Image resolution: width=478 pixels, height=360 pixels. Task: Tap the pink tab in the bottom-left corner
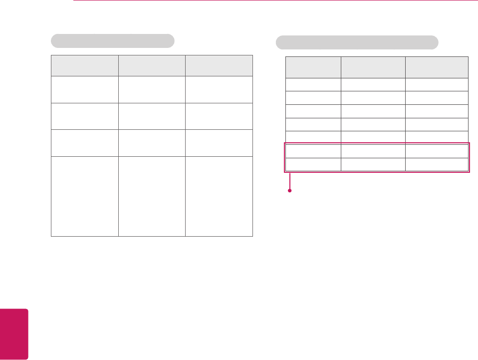click(x=14, y=334)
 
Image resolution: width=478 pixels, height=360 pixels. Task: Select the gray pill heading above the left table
click(x=112, y=40)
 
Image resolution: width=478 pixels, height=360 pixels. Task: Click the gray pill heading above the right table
click(x=357, y=42)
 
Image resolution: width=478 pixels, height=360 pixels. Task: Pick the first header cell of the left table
click(x=84, y=65)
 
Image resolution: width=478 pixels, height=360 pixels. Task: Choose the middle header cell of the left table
click(x=152, y=65)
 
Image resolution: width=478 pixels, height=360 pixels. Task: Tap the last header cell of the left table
click(x=219, y=65)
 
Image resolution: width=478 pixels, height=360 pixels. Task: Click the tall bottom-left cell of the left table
click(x=84, y=196)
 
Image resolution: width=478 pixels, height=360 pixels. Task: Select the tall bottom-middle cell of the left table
click(x=152, y=196)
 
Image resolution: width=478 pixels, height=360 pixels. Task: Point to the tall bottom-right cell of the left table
click(x=219, y=196)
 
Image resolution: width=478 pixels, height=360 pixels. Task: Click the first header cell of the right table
click(x=313, y=67)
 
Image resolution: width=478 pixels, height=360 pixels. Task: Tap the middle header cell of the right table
click(x=373, y=67)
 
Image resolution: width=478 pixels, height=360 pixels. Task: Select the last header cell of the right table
click(x=437, y=67)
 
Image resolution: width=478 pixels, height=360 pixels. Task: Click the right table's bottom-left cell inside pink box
click(x=313, y=165)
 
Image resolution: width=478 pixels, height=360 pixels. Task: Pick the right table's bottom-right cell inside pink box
click(x=437, y=165)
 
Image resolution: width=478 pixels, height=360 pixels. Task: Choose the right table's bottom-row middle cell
click(x=373, y=165)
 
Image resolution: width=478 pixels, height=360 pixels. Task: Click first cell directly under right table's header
click(x=313, y=84)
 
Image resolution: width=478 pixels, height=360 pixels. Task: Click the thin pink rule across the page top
click(x=274, y=0)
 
